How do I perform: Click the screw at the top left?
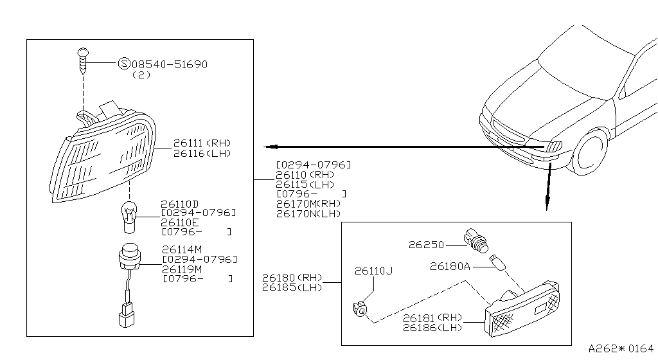[83, 60]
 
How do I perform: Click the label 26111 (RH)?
[201, 143]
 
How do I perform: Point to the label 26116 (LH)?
[201, 153]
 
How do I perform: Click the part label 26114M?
[182, 249]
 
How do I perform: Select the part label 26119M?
[182, 269]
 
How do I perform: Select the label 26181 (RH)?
[432, 317]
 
